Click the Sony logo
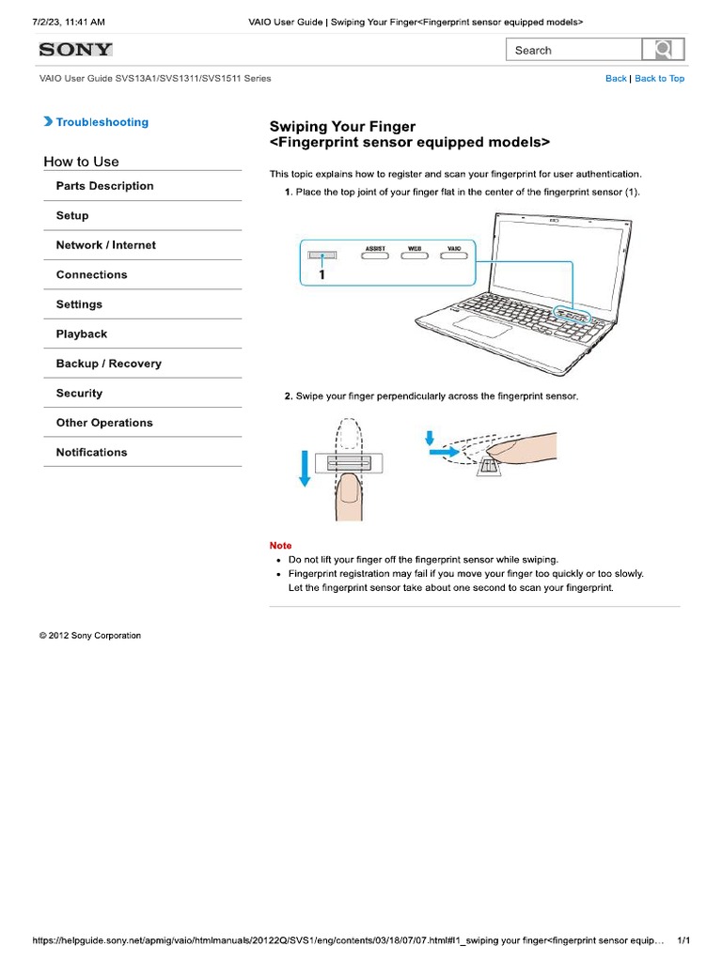[75, 50]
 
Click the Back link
[616, 79]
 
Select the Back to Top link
[659, 79]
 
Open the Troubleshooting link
[102, 122]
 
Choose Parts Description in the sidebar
[104, 186]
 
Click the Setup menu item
[72, 215]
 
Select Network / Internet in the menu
[106, 245]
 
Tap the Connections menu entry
[91, 275]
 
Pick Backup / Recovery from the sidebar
[108, 364]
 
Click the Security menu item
[79, 394]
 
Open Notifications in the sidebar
[91, 453]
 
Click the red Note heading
[280, 545]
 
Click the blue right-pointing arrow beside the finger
[439, 452]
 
